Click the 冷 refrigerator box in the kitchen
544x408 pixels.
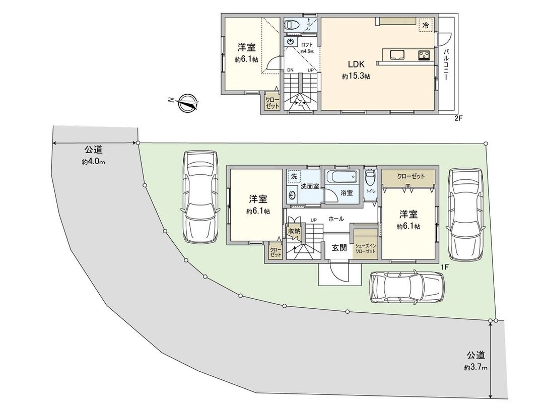(426, 25)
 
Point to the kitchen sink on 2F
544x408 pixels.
(396, 54)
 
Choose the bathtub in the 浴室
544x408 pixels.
(343, 178)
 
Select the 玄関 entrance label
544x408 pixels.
(338, 247)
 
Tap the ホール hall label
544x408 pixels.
(336, 219)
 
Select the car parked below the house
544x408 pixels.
(409, 288)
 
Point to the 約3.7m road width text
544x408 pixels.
(475, 367)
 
